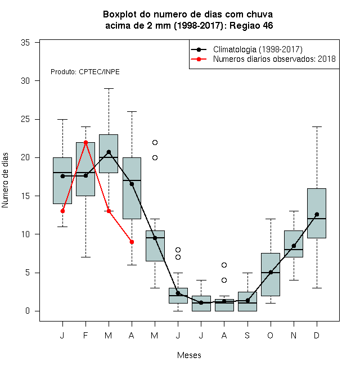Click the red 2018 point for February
point(85,142)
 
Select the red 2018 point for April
point(132,242)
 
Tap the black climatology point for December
point(317,214)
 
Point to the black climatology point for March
point(109,152)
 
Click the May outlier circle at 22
point(155,142)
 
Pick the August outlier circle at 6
point(224,265)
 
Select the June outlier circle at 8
point(178,250)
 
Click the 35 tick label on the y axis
point(25,43)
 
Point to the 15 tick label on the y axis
point(25,196)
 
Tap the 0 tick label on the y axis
point(28,311)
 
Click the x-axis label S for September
point(247,335)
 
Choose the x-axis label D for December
point(317,335)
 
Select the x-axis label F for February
point(85,335)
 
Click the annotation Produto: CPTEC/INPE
point(85,72)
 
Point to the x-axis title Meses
point(189,355)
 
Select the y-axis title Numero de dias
point(5,180)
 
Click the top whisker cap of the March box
point(109,88)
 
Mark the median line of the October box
point(271,273)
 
